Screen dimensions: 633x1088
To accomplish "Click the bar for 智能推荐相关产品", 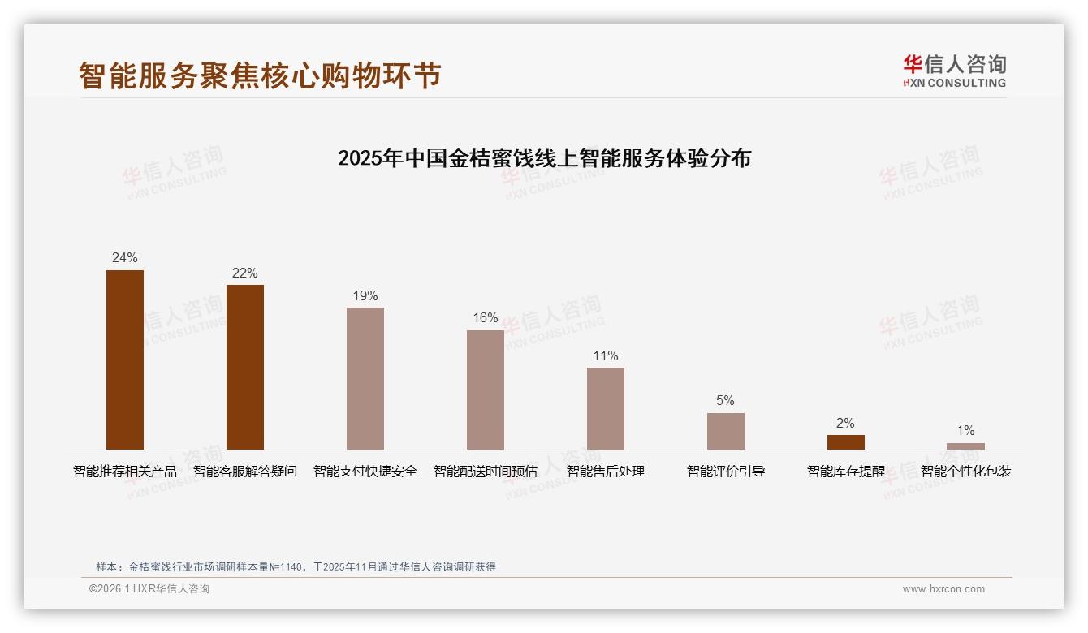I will pos(125,360).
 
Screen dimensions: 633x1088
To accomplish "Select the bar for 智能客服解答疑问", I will pos(245,367).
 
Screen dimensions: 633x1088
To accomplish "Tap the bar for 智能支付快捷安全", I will pos(365,378).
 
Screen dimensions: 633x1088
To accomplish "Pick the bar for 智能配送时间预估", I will pos(486,390).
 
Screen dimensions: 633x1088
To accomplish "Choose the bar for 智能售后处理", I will pos(606,408).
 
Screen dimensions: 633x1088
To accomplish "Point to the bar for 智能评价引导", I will pos(725,431).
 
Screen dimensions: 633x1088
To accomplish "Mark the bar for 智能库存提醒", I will pos(845,442).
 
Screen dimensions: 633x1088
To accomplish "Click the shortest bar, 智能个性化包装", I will pos(965,446).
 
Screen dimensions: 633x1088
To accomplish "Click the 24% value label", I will pos(125,258).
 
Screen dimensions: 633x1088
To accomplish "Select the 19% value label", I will pos(365,296).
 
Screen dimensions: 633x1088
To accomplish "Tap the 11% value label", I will pos(606,355).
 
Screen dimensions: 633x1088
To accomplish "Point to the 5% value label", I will pos(725,401).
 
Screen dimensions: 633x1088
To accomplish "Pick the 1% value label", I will pos(965,431).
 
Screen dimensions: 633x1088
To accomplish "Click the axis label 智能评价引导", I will pos(725,472).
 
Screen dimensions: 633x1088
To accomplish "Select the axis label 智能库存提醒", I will pos(845,472).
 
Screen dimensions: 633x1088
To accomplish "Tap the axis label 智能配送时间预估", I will pos(486,472).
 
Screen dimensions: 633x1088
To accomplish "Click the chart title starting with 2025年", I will pos(544,157).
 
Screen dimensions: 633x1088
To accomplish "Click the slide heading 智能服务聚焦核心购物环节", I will pos(260,75).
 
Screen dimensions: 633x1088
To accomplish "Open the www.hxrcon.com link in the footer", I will pos(943,589).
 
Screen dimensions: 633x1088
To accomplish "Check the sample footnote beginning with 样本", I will pos(296,567).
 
